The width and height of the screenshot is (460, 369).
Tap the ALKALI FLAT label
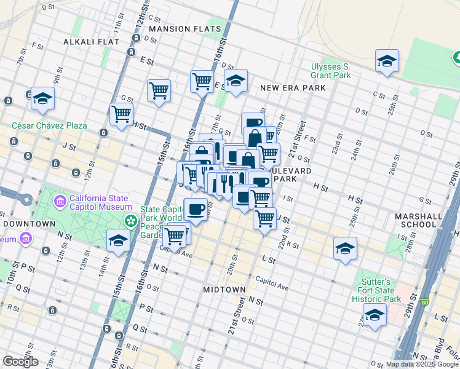point(86,42)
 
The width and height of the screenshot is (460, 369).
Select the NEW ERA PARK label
point(293,88)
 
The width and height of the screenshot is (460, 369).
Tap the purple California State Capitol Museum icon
point(60,202)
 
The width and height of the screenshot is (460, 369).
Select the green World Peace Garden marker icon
point(130,220)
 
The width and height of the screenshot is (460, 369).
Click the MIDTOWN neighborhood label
point(224,289)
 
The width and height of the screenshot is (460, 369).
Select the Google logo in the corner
point(20,362)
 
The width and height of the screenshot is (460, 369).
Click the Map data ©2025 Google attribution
point(422,364)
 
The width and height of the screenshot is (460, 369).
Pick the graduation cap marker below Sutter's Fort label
point(374,315)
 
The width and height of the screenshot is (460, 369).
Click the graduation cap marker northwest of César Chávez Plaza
point(42,98)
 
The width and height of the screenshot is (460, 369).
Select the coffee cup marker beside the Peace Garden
point(196,209)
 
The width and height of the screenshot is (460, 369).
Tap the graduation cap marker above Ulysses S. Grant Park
point(387,61)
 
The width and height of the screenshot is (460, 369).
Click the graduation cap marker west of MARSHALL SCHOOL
point(346,248)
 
